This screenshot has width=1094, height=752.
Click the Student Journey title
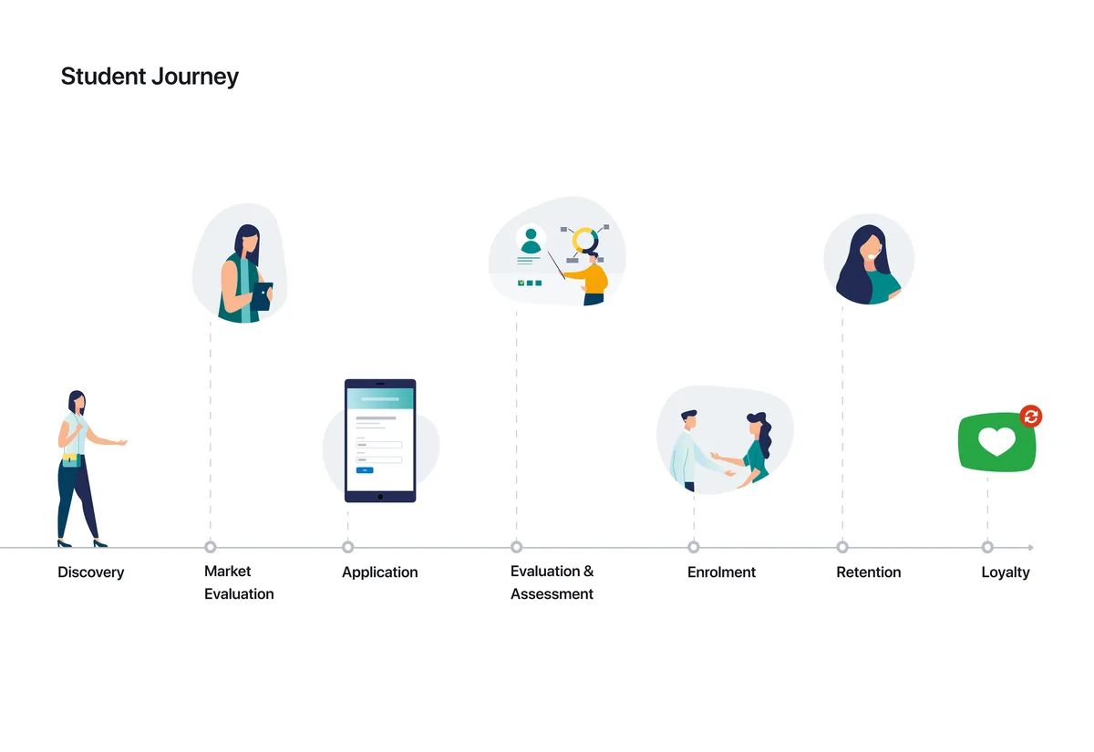[x=150, y=77]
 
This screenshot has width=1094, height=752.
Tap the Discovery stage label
[x=91, y=572]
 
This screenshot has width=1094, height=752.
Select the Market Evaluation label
[x=239, y=582]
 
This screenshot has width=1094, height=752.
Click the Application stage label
[x=380, y=572]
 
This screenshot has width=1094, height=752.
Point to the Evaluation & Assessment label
[x=552, y=582]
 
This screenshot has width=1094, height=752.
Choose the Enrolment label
[x=721, y=572]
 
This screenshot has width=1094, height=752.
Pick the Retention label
[x=868, y=572]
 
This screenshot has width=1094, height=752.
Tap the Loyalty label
[x=1006, y=572]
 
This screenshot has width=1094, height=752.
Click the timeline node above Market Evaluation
[x=211, y=547]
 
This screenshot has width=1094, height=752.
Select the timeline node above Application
[x=347, y=547]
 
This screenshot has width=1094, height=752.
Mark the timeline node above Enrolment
[x=694, y=547]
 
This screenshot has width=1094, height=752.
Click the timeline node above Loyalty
[x=987, y=547]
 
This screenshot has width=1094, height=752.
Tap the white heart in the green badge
[x=996, y=440]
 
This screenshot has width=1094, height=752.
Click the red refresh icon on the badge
[x=1031, y=417]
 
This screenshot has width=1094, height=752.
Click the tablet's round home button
[x=380, y=497]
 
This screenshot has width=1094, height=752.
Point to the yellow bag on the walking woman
[x=70, y=459]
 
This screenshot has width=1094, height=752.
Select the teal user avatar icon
[x=531, y=241]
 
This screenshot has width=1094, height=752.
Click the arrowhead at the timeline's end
[x=1030, y=548]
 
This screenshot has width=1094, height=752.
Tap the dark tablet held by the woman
[x=263, y=296]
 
